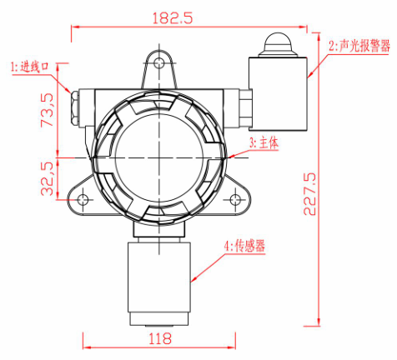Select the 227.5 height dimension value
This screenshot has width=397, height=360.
point(309,194)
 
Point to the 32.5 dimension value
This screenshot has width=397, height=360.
point(48,177)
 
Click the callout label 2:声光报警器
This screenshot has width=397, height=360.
point(359,47)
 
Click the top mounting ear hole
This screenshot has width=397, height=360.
point(161,61)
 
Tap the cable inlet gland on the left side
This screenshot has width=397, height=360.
point(73,107)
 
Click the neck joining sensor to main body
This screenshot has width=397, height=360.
point(160,233)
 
